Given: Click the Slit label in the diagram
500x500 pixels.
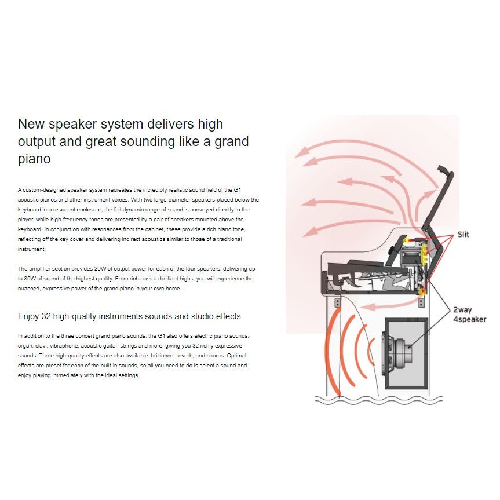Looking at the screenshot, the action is [x=463, y=235].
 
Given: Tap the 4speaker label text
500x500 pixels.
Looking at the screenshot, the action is [x=470, y=319].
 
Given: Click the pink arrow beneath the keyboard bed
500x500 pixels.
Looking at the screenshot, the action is [x=388, y=306].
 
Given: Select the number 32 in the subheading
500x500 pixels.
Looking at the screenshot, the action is [x=46, y=316].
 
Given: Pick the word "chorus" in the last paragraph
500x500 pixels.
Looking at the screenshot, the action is [x=216, y=356].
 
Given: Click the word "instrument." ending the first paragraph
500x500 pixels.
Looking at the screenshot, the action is [x=31, y=249].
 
